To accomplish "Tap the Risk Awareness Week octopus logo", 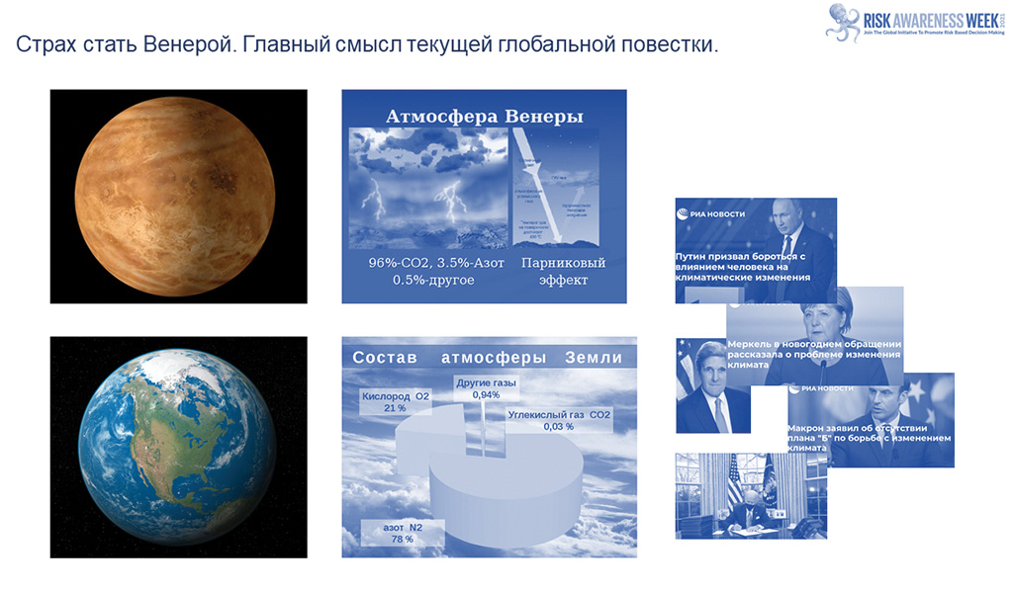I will (842, 21).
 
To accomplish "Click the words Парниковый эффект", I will (562, 271).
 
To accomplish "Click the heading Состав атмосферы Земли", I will (488, 358).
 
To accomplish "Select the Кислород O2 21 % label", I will (395, 402).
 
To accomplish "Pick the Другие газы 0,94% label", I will (486, 388).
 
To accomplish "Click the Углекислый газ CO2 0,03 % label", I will (559, 420).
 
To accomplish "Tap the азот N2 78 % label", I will (402, 534).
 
